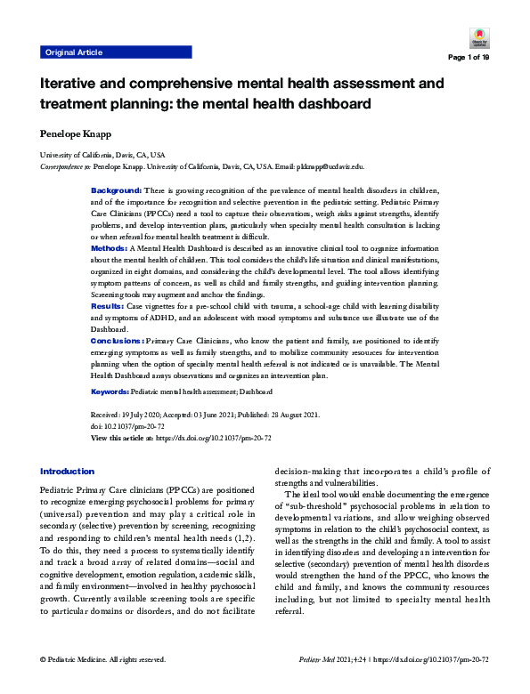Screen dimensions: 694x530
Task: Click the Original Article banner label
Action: point(74,52)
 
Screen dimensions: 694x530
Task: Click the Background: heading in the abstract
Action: point(116,190)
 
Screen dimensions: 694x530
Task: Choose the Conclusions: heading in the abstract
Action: point(117,340)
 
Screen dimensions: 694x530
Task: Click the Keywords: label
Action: point(110,391)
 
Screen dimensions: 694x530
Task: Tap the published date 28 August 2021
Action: point(296,416)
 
